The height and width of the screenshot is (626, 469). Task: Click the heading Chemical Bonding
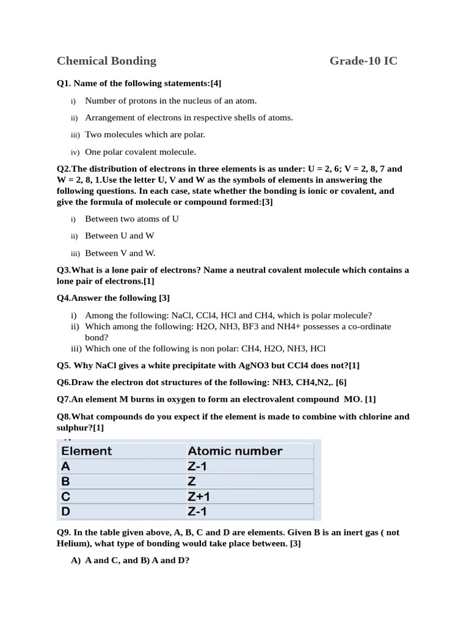pos(106,61)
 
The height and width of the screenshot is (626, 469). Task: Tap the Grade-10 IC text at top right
pos(363,61)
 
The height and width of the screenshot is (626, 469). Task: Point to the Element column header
pos(87,451)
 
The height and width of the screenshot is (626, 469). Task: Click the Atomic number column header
pos(234,451)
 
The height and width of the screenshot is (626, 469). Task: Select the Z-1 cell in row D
pos(198,511)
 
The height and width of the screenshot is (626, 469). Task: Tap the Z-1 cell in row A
pos(198,466)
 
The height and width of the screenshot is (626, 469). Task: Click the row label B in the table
pos(66,481)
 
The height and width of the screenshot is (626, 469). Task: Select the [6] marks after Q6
pos(341,382)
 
